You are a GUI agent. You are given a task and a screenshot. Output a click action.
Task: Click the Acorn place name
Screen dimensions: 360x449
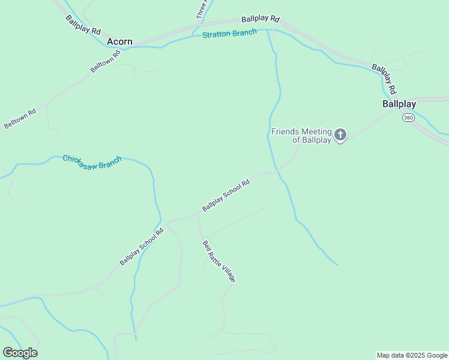pyautogui.click(x=119, y=41)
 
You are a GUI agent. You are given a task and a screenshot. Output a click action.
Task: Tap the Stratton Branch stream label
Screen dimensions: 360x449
pyautogui.click(x=229, y=34)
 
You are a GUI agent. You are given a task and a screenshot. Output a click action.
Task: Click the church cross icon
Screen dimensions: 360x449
pyautogui.click(x=340, y=135)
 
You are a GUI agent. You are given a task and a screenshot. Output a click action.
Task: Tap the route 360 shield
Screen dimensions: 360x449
pyautogui.click(x=408, y=118)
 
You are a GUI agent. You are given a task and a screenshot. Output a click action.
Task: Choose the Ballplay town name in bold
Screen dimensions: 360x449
pyautogui.click(x=399, y=104)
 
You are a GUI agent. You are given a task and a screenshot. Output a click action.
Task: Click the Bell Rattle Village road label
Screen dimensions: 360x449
pyautogui.click(x=219, y=261)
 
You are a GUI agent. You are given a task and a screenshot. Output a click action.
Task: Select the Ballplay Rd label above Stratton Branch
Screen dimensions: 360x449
pyautogui.click(x=261, y=19)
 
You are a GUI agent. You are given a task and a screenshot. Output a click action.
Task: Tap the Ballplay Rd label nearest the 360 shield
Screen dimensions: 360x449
pyautogui.click(x=384, y=79)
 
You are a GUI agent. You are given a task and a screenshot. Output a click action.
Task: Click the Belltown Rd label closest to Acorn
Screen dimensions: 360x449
pyautogui.click(x=105, y=61)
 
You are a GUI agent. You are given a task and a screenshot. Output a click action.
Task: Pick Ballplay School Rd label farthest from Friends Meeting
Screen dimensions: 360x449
pyautogui.click(x=142, y=247)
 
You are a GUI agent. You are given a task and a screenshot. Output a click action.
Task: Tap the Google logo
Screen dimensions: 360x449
pyautogui.click(x=20, y=353)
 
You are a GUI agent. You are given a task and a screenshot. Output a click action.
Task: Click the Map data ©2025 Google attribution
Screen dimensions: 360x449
pyautogui.click(x=412, y=355)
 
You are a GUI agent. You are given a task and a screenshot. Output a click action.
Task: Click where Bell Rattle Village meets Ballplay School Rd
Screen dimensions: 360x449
pyautogui.click(x=198, y=212)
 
